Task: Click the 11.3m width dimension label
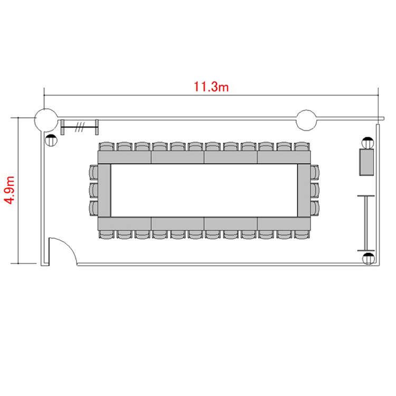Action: click(x=211, y=87)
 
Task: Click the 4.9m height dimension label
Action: click(x=10, y=190)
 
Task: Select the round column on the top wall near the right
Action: click(x=306, y=120)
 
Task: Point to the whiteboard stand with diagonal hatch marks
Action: click(x=80, y=127)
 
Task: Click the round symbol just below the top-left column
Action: click(x=51, y=140)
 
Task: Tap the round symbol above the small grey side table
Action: click(x=367, y=143)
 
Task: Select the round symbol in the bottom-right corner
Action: click(x=369, y=259)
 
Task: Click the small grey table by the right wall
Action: click(x=366, y=162)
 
